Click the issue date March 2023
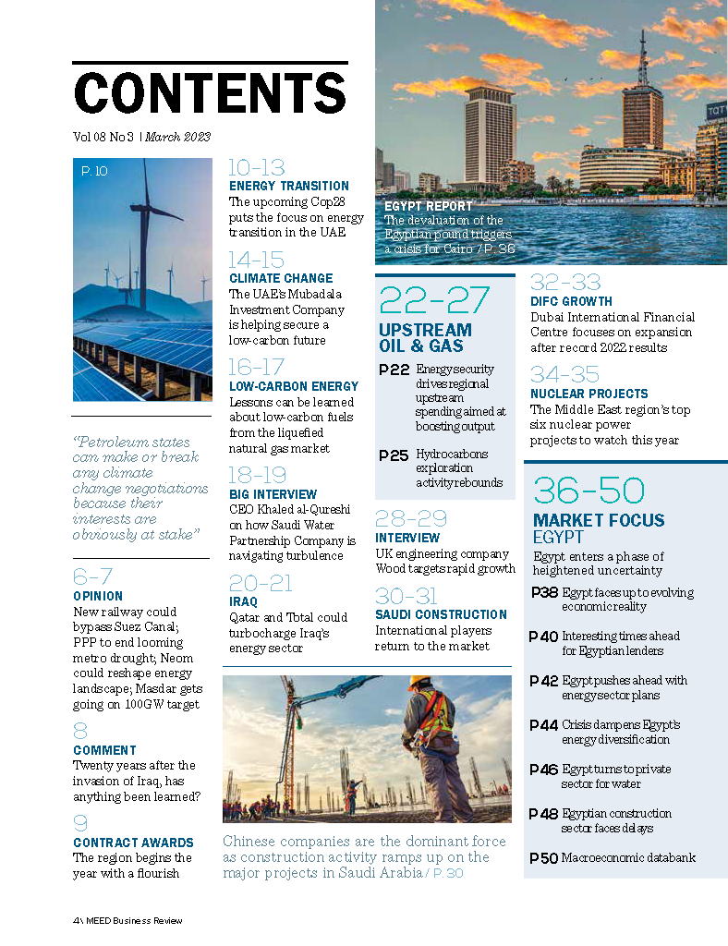(x=177, y=137)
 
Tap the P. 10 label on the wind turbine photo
(x=94, y=171)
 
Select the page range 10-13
(x=257, y=168)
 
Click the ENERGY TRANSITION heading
(x=289, y=186)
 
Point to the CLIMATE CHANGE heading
(x=281, y=278)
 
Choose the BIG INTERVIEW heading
(x=273, y=494)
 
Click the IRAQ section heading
(x=244, y=601)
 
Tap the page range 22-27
(x=436, y=301)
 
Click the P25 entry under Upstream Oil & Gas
(x=394, y=455)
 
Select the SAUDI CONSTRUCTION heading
(x=441, y=614)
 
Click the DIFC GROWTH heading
(x=571, y=301)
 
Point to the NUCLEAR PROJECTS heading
(x=589, y=394)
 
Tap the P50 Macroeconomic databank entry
(x=544, y=858)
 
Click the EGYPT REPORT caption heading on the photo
(x=428, y=206)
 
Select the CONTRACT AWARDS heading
(x=133, y=843)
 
